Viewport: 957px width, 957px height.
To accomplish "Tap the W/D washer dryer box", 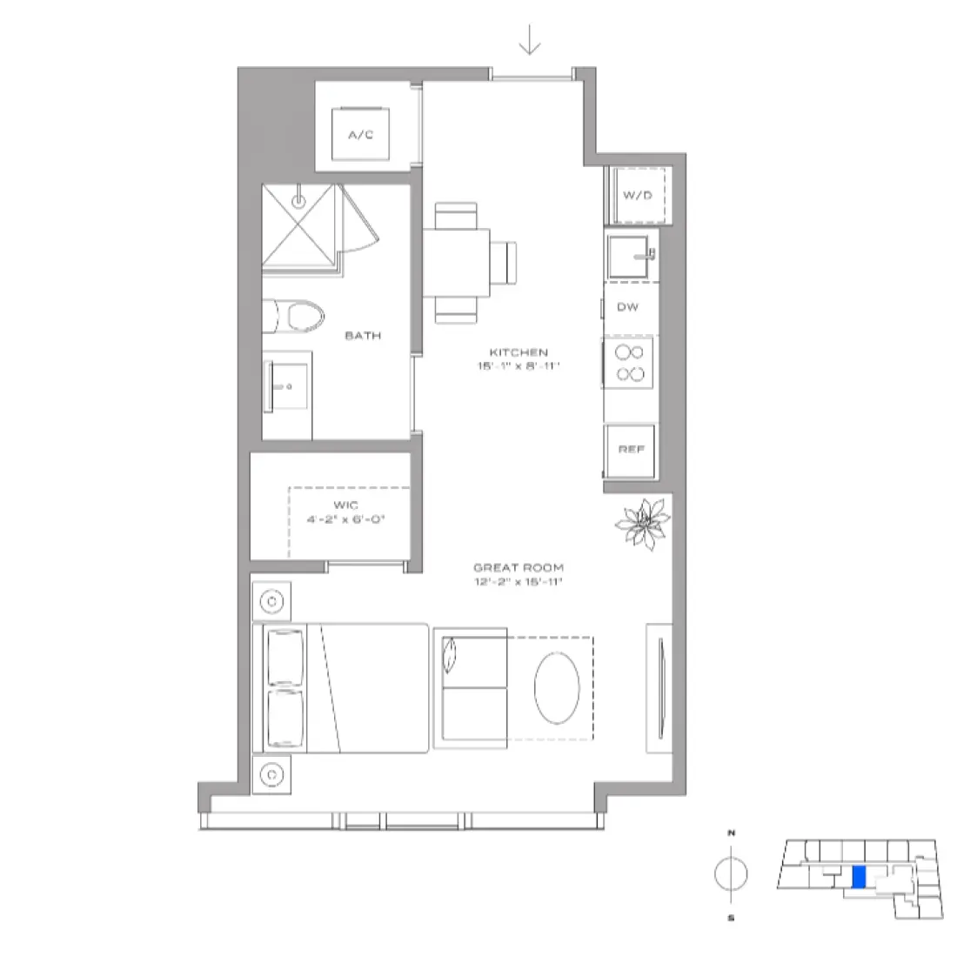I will [x=637, y=195].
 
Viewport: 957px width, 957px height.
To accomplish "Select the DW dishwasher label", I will [x=627, y=307].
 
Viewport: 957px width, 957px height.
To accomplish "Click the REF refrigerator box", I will [x=631, y=450].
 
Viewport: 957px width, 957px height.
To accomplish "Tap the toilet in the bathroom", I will [x=293, y=318].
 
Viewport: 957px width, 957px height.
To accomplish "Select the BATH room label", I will [x=363, y=335].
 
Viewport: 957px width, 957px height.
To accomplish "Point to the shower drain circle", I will [x=298, y=200].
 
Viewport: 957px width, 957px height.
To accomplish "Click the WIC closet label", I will [x=345, y=505].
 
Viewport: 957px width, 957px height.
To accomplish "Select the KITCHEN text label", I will [x=519, y=352].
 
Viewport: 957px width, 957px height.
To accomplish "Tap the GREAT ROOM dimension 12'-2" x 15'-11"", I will [x=519, y=581].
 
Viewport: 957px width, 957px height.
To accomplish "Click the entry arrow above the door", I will [x=530, y=39].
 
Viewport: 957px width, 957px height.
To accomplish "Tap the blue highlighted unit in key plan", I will [x=858, y=877].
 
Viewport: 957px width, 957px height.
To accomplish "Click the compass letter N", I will [x=731, y=833].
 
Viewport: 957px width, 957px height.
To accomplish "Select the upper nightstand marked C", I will [x=272, y=600].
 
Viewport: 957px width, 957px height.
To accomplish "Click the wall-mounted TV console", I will [x=659, y=687].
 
